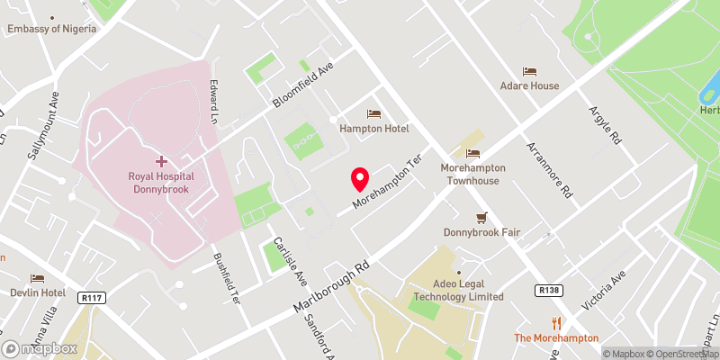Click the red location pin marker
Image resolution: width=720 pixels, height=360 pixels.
(360, 179)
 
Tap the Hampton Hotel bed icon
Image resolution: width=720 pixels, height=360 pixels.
(373, 114)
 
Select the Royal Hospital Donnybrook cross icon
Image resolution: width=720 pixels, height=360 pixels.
(161, 161)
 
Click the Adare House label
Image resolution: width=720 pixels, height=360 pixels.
(530, 85)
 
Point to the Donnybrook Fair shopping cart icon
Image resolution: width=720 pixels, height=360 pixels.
(481, 217)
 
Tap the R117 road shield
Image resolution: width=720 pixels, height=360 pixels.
(91, 296)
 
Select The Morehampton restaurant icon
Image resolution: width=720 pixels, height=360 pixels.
(556, 323)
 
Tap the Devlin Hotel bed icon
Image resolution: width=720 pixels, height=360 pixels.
(37, 278)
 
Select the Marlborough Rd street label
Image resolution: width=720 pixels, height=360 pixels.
(331, 288)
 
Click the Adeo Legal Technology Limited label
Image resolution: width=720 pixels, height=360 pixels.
(460, 290)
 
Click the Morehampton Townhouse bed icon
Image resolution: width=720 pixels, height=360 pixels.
(473, 154)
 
